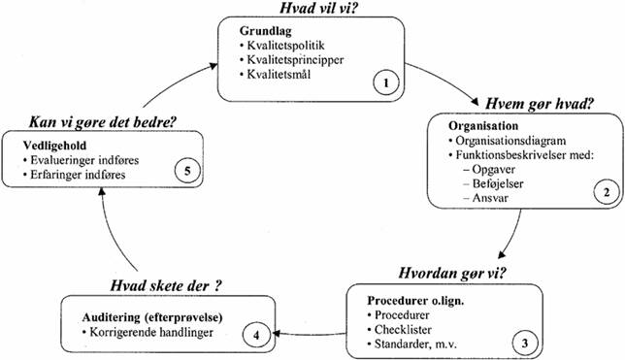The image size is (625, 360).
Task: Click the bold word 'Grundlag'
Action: [x=266, y=30]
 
